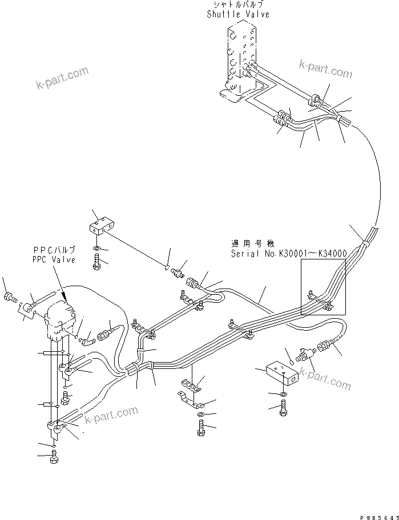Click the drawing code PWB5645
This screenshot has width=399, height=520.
click(x=378, y=516)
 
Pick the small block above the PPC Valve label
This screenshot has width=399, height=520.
click(x=103, y=225)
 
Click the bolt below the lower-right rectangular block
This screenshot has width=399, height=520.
click(x=284, y=409)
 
